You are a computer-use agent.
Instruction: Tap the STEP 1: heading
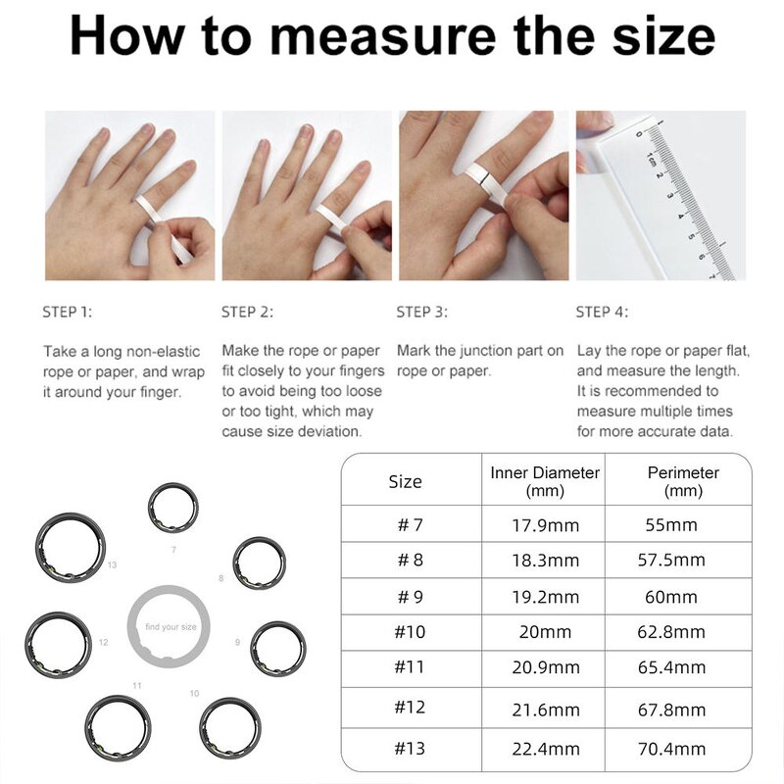click(x=67, y=312)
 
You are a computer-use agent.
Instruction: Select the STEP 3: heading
click(x=421, y=312)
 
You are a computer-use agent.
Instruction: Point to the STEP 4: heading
click(x=602, y=312)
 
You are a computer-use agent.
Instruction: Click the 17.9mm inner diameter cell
click(x=546, y=524)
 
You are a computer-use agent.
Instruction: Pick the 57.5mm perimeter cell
click(x=671, y=561)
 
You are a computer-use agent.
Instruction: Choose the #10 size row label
click(x=410, y=632)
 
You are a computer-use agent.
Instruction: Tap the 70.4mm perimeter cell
click(x=671, y=749)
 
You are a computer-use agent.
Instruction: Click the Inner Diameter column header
click(x=545, y=481)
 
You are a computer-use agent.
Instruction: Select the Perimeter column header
click(x=683, y=481)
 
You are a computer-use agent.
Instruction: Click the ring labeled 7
click(x=172, y=508)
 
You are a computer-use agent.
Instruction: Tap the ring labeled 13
click(x=71, y=548)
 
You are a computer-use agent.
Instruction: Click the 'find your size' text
click(x=171, y=626)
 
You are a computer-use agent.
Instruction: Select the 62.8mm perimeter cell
click(x=671, y=632)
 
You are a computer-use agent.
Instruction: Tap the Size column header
click(x=405, y=481)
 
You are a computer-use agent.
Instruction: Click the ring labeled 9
click(x=277, y=648)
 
